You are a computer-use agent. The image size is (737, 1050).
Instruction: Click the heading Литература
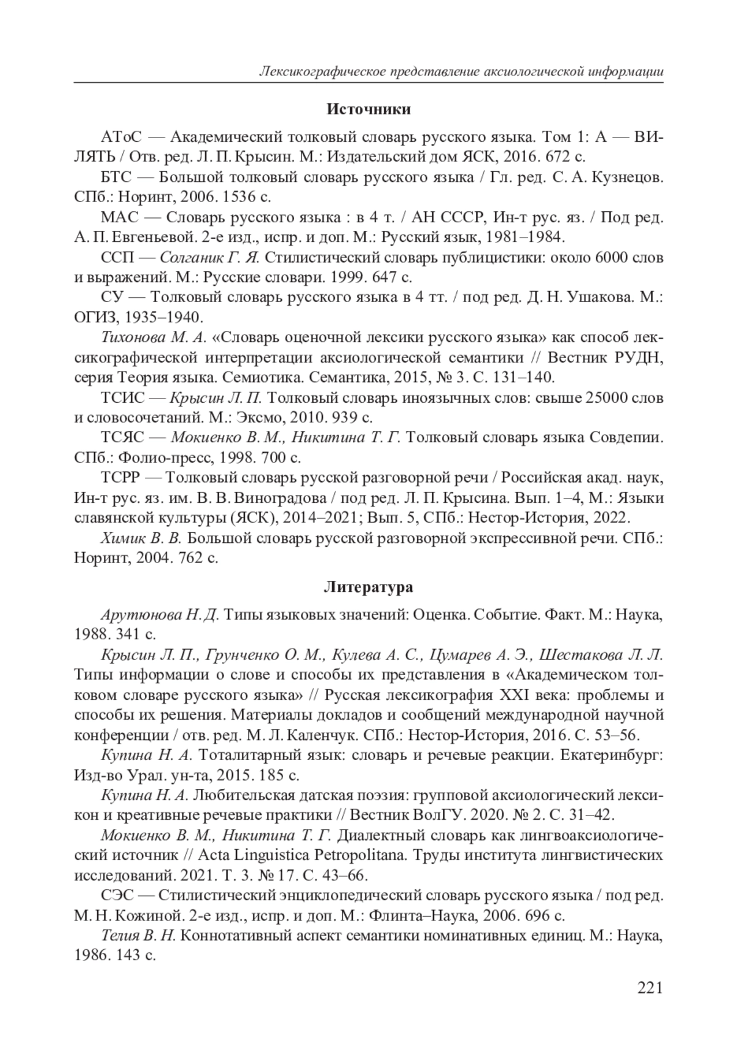[368, 587]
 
